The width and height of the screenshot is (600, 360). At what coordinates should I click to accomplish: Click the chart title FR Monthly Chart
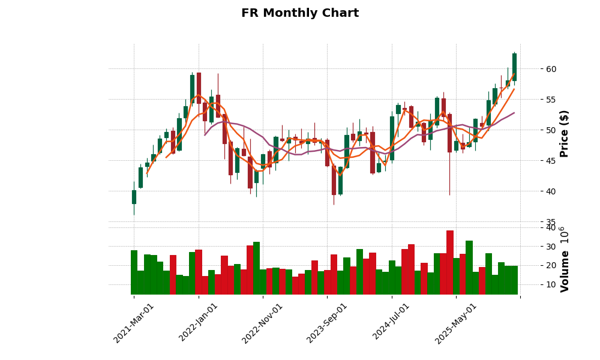pos(300,13)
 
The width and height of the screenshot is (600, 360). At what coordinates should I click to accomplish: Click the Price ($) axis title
pos(564,133)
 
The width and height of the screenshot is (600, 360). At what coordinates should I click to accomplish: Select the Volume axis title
pos(564,259)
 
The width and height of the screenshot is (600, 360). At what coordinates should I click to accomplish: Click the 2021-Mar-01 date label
pos(134,323)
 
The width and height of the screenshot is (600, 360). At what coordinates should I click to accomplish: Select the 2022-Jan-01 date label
pos(199,323)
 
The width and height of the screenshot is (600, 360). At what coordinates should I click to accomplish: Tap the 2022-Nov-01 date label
pos(262,323)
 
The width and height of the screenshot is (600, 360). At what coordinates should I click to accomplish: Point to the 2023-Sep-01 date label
pos(327,323)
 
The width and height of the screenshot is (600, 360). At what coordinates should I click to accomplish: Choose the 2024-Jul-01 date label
pos(391,323)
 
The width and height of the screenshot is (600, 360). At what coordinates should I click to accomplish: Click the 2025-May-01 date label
pos(456,323)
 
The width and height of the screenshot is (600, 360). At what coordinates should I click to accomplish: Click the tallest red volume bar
pos(450,262)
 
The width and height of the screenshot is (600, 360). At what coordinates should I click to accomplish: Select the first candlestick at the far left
pos(134,197)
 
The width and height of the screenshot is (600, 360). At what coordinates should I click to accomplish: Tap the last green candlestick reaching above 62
pos(514,67)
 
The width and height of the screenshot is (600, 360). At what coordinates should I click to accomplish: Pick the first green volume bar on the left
pos(134,272)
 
